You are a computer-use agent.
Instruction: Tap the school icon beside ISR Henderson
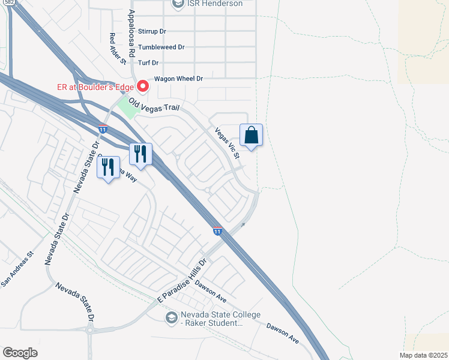pyautogui.click(x=178, y=4)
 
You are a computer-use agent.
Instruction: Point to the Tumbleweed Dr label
pyautogui.click(x=161, y=47)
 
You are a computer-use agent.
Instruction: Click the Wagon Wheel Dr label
pyautogui.click(x=179, y=79)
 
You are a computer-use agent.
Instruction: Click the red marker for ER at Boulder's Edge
pyautogui.click(x=143, y=86)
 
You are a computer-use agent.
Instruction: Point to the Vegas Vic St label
pyautogui.click(x=228, y=144)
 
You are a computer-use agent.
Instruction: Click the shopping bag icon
pyautogui.click(x=252, y=136)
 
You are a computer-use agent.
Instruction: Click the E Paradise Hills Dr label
pyautogui.click(x=182, y=280)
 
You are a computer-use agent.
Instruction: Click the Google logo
pyautogui.click(x=20, y=353)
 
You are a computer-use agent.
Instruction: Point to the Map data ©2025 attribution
pyautogui.click(x=423, y=355)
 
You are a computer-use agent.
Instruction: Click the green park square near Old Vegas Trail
pyautogui.click(x=127, y=108)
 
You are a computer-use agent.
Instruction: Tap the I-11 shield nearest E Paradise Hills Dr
pyautogui.click(x=217, y=230)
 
